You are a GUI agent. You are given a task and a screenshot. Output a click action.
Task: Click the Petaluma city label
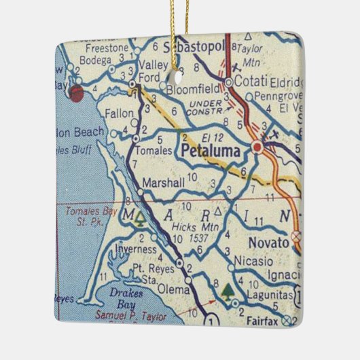pyautogui.click(x=211, y=151)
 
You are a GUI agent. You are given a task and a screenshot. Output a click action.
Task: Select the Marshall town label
pyautogui.click(x=163, y=183)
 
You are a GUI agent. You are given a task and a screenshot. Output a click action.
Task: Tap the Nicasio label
pyautogui.click(x=253, y=261)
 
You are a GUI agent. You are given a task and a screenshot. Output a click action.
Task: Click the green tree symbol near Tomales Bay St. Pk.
pyautogui.click(x=139, y=219)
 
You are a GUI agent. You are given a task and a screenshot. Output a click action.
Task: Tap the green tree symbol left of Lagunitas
pyautogui.click(x=226, y=293)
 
